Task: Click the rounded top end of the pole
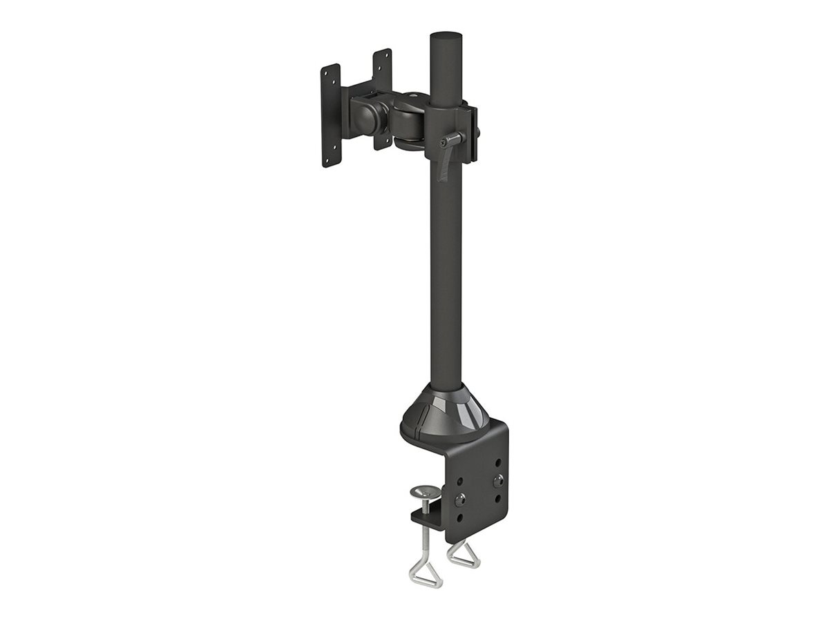tap(446, 36)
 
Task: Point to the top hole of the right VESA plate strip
tap(379, 57)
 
